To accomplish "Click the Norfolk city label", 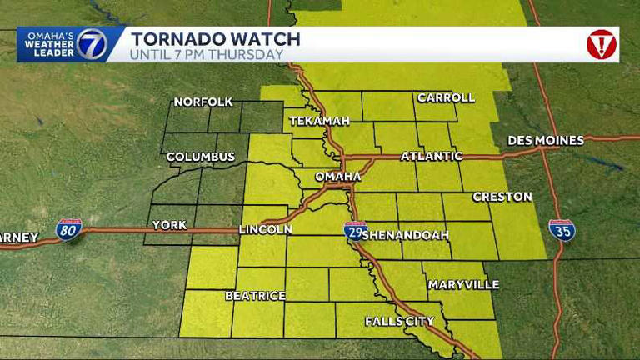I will (203, 102).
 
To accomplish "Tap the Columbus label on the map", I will (201, 157).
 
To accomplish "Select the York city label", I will (168, 225).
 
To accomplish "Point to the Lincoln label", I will (265, 229).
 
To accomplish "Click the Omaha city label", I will (337, 177).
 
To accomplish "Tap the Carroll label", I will (446, 97).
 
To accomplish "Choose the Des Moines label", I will (545, 140).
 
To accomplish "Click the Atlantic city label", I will (432, 156).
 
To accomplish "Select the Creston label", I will (502, 197).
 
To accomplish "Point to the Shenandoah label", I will (407, 235).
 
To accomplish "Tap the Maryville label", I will (463, 285).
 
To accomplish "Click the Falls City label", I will (399, 321).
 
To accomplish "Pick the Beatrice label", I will (255, 296).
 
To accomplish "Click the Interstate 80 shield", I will (69, 230).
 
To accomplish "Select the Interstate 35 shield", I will (562, 230).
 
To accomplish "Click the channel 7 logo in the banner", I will (92, 44).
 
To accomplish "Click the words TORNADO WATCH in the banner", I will (215, 38).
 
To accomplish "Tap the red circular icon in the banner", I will (601, 44).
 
